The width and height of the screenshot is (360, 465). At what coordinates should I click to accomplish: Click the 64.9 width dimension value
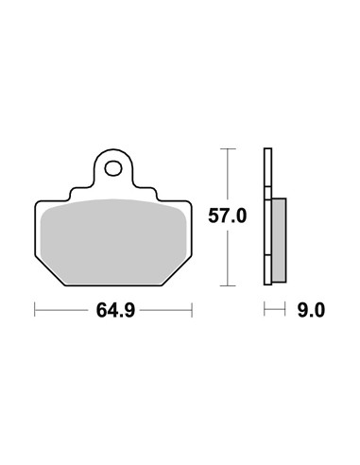coord(115,310)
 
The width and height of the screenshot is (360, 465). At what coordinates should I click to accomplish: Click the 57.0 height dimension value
coord(227,216)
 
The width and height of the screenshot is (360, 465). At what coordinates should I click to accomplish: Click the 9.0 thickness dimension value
coord(311,310)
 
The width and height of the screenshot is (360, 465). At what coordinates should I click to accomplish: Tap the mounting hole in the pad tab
coord(113,168)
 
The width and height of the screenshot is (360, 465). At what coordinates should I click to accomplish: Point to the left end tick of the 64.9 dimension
coord(35,310)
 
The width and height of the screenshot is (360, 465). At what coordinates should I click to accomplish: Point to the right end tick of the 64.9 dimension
coord(192,310)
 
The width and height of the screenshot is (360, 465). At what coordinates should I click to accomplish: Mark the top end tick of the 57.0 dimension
coord(228,148)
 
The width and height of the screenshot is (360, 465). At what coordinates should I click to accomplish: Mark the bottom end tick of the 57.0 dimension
coord(228,285)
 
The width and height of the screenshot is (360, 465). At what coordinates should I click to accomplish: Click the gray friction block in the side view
coord(279,240)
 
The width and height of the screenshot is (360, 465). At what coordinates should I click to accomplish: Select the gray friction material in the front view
coord(113,242)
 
